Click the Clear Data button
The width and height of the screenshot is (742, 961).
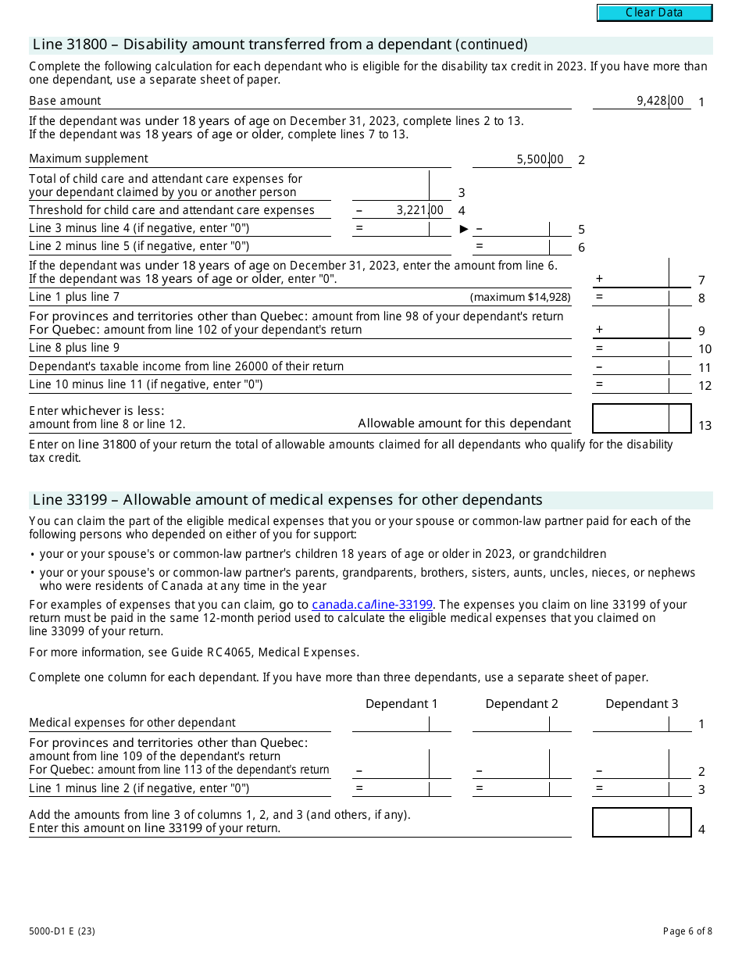coord(655,13)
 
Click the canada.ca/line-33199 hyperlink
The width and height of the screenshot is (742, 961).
coord(372,605)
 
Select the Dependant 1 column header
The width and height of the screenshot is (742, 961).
coord(401,704)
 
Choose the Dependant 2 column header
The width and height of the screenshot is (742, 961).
coord(522,704)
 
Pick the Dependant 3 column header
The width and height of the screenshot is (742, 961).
coord(642,704)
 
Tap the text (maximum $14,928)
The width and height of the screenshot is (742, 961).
coord(520,298)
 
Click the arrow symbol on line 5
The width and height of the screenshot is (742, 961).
coord(464,229)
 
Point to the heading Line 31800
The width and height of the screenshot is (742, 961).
coord(279,45)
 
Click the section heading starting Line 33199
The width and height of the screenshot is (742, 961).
coord(287,500)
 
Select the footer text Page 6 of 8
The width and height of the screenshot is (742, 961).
coord(687,931)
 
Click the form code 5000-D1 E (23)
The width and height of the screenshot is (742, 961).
coord(62,931)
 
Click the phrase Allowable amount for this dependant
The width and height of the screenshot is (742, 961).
coord(464,423)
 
